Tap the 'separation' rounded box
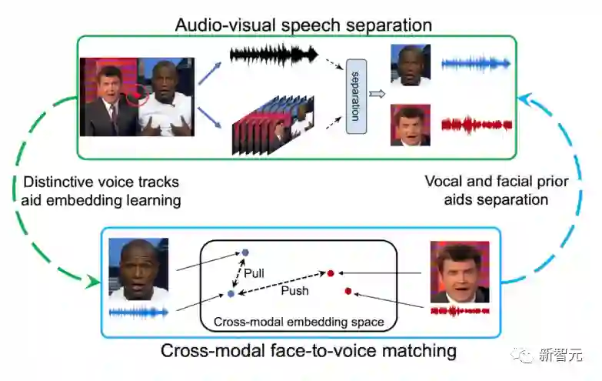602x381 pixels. pos(354,97)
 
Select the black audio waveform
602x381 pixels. pos(274,55)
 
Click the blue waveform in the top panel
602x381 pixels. pos(477,64)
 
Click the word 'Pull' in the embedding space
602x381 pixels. pos(254,272)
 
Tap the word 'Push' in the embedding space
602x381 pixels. pos(294,290)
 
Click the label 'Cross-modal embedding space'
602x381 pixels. pos(298,321)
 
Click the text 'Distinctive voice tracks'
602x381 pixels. pos(101,182)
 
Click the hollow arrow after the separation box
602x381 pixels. pos(377,94)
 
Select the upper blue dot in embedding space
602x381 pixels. pos(245,252)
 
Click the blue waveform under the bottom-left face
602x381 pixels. pos(138,312)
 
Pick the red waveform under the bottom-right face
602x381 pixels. pos(459,312)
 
